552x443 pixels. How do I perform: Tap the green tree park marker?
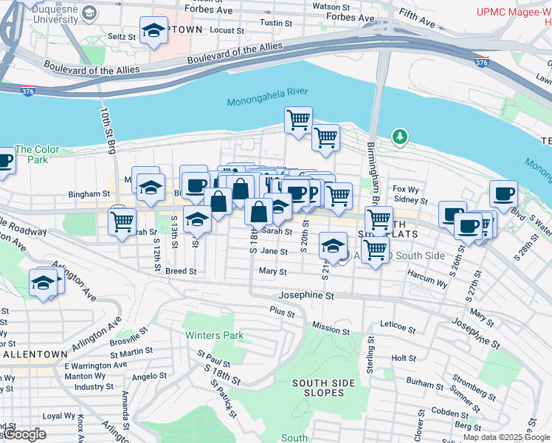click(399, 137)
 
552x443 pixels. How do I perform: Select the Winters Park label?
click(214, 335)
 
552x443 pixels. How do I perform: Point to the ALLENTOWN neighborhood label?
click(36, 354)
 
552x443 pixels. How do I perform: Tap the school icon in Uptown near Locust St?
click(153, 31)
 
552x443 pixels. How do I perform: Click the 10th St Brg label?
click(108, 131)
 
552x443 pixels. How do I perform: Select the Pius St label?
click(282, 313)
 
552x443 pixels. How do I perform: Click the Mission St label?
click(330, 327)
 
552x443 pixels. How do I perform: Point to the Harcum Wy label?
click(427, 282)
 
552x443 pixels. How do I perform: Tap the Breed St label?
click(181, 271)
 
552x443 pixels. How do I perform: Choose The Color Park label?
click(31, 154)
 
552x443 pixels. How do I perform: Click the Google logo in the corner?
click(24, 434)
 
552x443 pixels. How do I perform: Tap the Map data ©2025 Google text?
click(506, 437)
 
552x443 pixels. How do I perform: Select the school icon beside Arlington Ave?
click(43, 283)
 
